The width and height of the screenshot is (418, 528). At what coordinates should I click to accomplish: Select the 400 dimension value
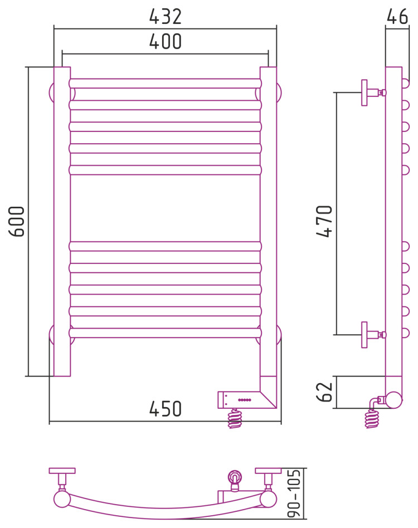166,42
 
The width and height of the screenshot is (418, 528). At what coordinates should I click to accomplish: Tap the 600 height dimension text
17,221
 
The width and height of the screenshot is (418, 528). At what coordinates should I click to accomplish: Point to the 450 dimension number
166,409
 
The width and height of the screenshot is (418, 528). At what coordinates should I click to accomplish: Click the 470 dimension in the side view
324,221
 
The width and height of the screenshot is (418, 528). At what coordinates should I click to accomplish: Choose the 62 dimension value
324,392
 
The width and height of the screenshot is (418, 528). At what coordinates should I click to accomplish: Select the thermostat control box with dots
240,399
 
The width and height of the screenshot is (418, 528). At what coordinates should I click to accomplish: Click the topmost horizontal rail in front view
166,84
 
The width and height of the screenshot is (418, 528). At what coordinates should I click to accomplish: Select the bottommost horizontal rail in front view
166,333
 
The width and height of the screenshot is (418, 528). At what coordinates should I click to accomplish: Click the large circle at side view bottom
394,400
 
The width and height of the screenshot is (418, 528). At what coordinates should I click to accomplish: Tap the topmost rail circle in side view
406,84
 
